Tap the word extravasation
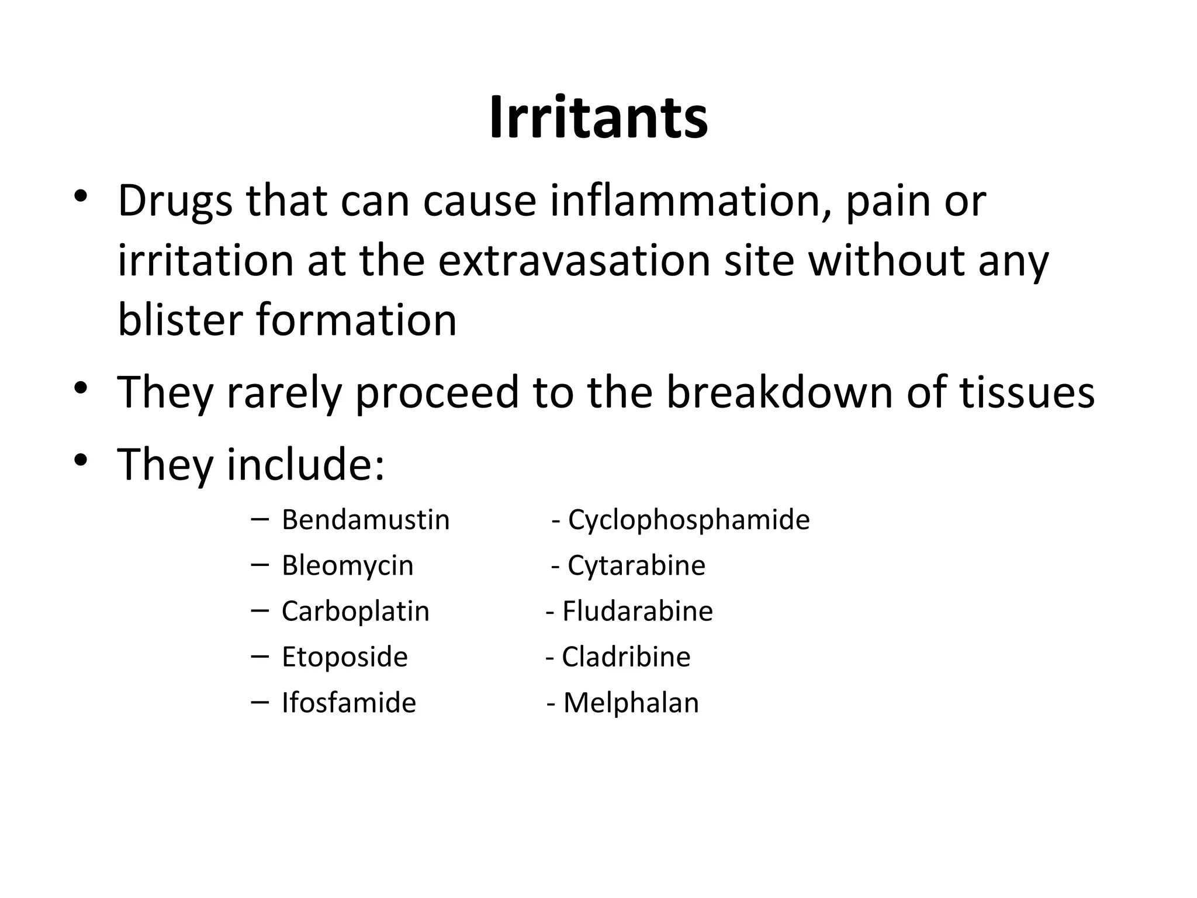[574, 261]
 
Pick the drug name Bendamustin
[365, 520]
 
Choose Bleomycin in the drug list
[347, 565]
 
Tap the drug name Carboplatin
[355, 612]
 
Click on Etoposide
[344, 657]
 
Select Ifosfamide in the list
[348, 703]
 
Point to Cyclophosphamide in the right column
[689, 520]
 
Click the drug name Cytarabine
[636, 565]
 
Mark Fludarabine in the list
[637, 612]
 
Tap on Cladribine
[626, 657]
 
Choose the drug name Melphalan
[631, 703]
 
